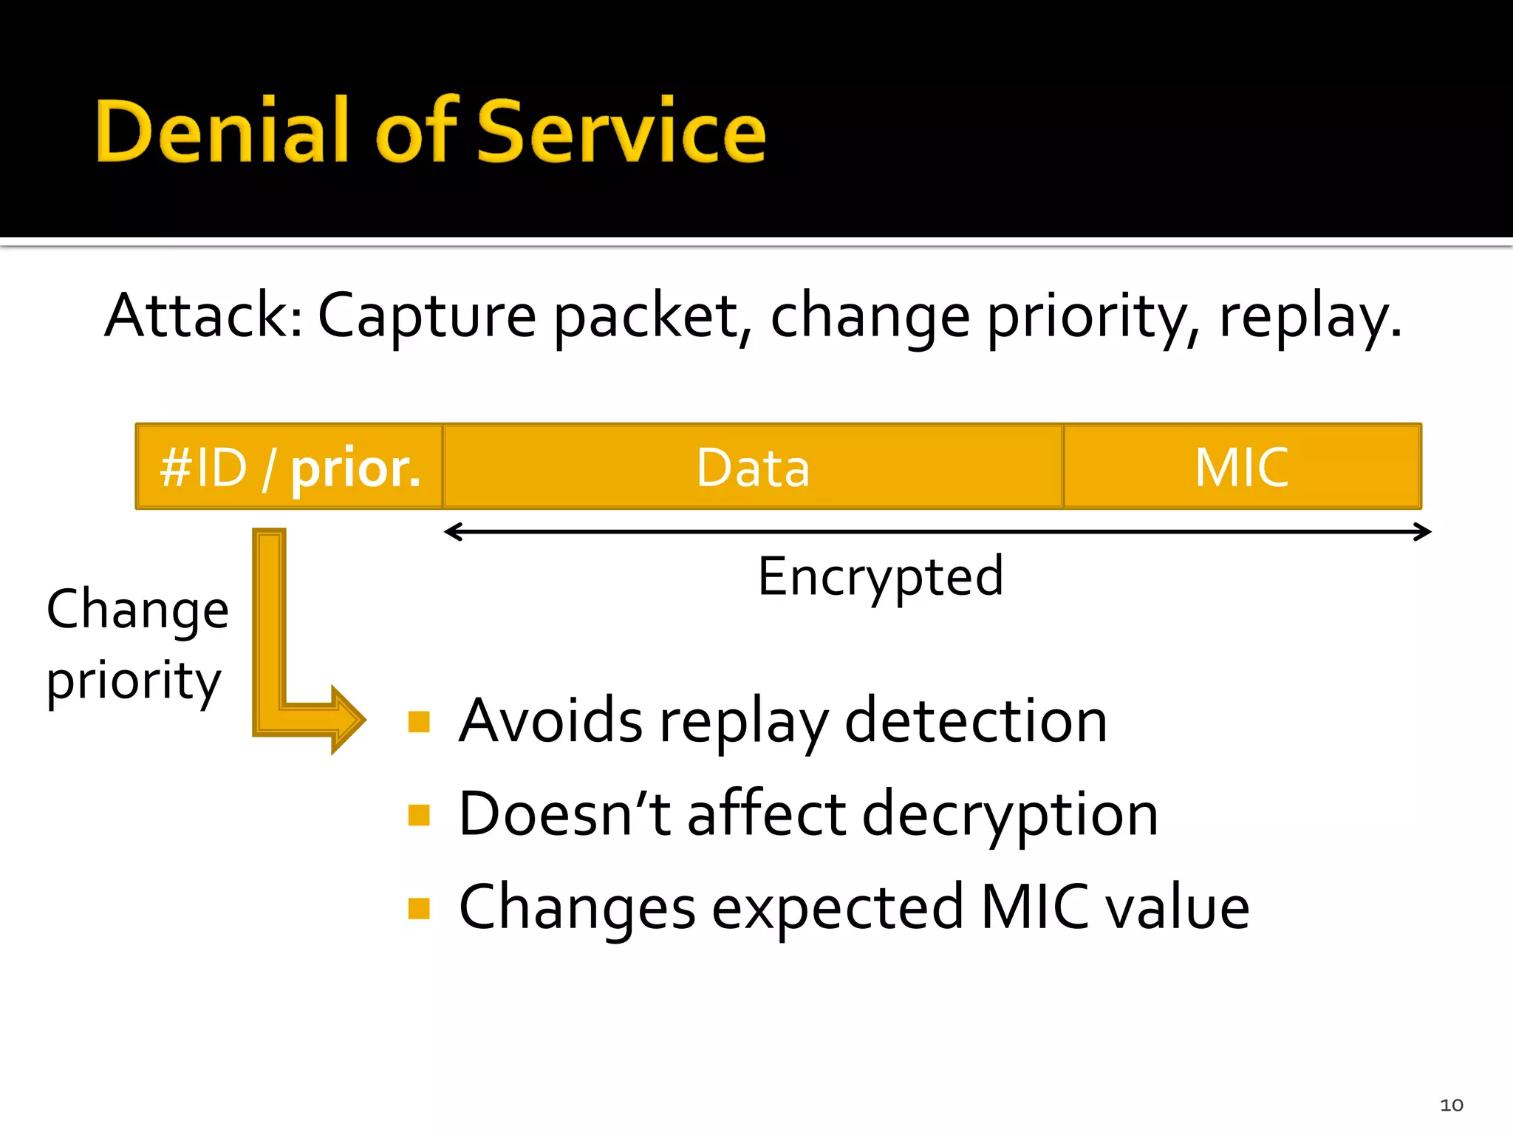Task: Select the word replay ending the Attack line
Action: (1308, 318)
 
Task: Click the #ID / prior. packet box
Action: (290, 467)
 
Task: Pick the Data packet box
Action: (753, 467)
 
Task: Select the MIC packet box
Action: (1242, 467)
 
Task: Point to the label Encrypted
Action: (880, 577)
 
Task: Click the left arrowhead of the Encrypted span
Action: (452, 531)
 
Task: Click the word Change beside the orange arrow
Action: (137, 610)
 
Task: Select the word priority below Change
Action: (133, 681)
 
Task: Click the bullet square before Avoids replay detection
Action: (419, 721)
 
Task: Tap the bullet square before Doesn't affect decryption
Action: (419, 814)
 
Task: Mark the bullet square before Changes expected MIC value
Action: (419, 908)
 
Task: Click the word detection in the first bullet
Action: (975, 721)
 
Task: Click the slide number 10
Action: (1451, 1105)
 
